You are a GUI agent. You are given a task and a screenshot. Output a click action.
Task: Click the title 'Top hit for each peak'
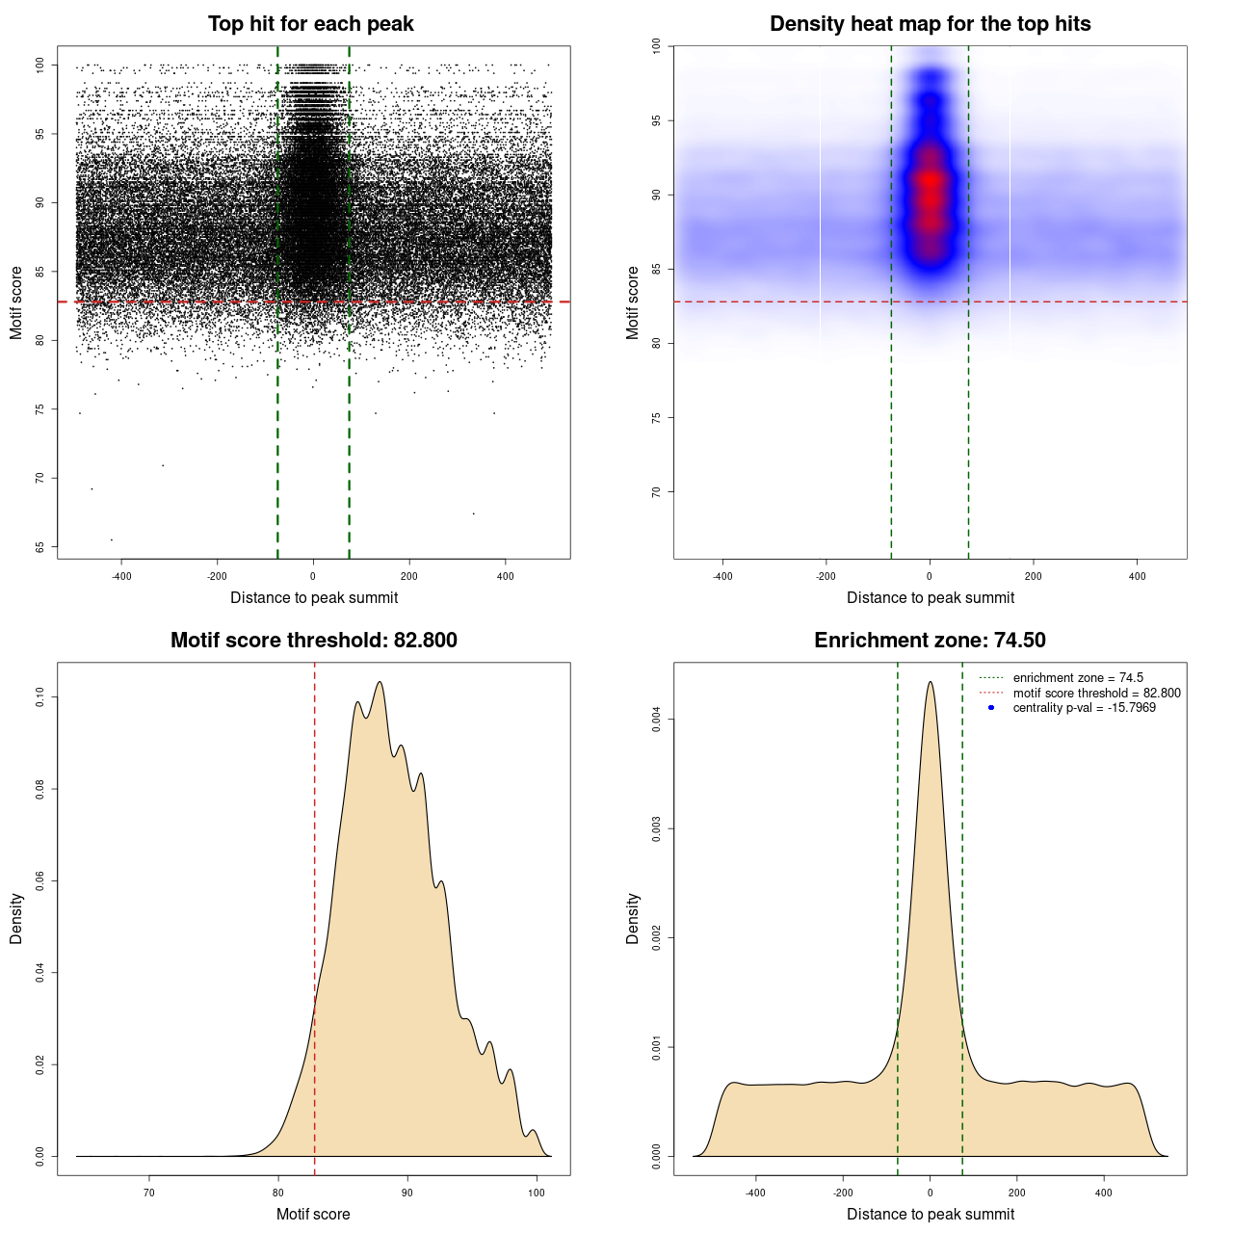tap(310, 24)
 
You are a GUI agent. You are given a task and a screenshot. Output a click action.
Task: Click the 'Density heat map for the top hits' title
tap(930, 24)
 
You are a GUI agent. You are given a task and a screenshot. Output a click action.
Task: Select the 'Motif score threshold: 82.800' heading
tap(313, 641)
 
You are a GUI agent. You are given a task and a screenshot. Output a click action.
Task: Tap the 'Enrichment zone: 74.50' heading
tap(930, 641)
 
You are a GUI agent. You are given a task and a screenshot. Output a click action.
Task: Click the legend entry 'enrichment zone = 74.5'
tap(1078, 678)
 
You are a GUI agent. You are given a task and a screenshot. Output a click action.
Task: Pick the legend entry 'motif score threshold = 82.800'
tap(1096, 694)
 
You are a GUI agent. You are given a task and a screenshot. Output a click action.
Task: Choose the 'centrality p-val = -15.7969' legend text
tap(1084, 708)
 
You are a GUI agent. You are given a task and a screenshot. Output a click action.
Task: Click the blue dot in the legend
tap(991, 708)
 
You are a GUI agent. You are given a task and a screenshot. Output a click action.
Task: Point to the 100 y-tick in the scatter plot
tap(40, 66)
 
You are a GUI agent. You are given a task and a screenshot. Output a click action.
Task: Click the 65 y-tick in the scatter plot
tap(40, 547)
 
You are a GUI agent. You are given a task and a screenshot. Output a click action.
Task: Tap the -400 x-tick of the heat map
tap(722, 577)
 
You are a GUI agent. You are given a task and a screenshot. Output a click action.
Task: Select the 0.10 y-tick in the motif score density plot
tap(40, 696)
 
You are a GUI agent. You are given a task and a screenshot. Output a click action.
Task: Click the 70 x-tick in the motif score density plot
tap(149, 1193)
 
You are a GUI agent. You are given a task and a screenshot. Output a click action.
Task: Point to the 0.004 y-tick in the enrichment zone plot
tap(657, 720)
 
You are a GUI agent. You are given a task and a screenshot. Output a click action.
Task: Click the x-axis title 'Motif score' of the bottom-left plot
tap(313, 1214)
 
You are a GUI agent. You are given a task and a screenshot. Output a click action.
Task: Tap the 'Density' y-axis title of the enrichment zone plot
tap(633, 918)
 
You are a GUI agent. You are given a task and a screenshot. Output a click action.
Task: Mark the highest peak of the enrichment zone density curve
tap(930, 683)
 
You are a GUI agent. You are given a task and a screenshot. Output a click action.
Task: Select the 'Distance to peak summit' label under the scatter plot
tap(314, 598)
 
